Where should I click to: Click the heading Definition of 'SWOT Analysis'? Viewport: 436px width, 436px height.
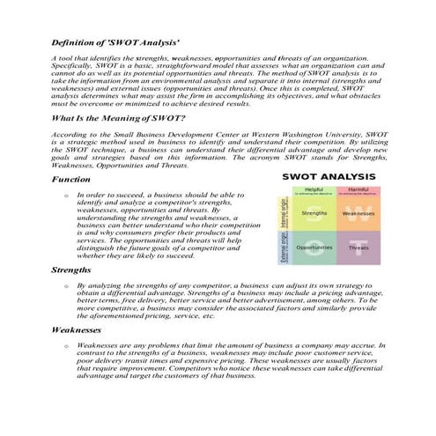pyautogui.click(x=115, y=42)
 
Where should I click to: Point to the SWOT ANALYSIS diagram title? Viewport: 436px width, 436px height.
pyautogui.click(x=322, y=177)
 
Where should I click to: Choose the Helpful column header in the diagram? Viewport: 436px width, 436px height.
pyautogui.click(x=314, y=188)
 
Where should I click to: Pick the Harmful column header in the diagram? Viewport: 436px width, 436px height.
pyautogui.click(x=358, y=188)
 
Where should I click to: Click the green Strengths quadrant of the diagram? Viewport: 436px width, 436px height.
pyautogui.click(x=314, y=212)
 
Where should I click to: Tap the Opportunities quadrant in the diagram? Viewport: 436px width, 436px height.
pyautogui.click(x=314, y=248)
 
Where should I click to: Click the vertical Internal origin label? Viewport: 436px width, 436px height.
pyautogui.click(x=285, y=212)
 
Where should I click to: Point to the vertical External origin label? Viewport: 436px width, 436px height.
pyautogui.click(x=285, y=248)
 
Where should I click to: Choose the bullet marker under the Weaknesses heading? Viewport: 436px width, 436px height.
pyautogui.click(x=56, y=345)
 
